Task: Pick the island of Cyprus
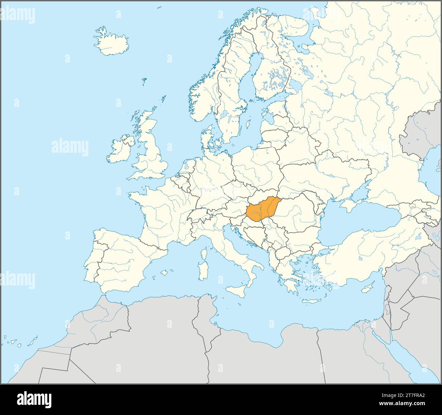click(367, 289)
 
